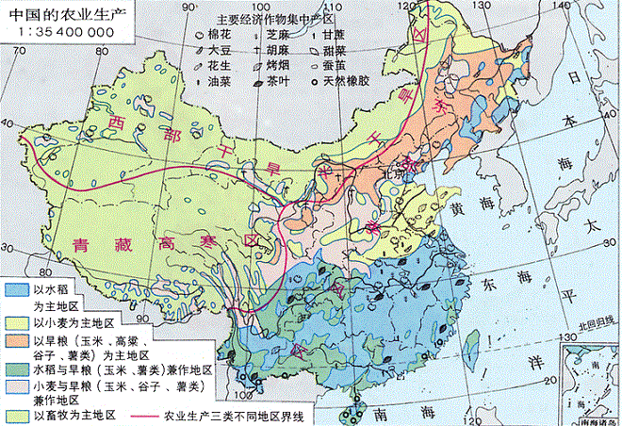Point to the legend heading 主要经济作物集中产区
click(x=275, y=18)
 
